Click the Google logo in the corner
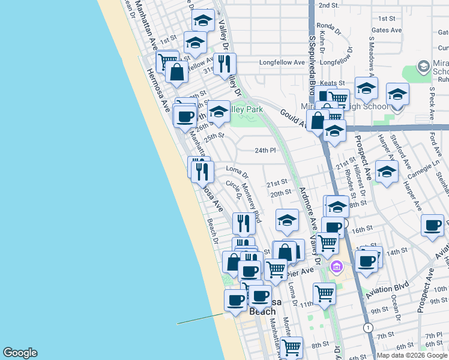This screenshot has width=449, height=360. [20, 353]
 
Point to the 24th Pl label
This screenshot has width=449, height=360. [265, 150]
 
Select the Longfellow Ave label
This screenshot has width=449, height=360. [283, 62]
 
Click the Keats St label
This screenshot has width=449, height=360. [333, 83]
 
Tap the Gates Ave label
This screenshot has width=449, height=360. [387, 30]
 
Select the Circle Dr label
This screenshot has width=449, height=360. [234, 190]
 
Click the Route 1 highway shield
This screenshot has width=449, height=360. [367, 328]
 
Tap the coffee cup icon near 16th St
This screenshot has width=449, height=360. [432, 226]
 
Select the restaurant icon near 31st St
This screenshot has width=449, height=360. [224, 63]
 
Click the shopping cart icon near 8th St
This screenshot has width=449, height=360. [292, 346]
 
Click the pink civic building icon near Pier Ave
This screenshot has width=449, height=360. [336, 266]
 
